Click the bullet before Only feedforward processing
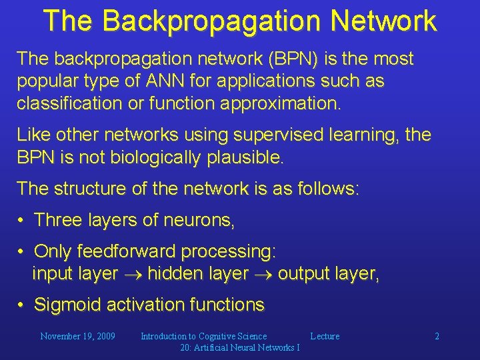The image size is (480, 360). pos(22,251)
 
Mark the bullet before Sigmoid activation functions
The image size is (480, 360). pos(22,305)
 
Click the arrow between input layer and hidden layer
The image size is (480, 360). pos(133,274)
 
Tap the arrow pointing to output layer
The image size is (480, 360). pos(263,274)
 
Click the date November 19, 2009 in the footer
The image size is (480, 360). pos(77,336)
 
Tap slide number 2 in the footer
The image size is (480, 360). pos(437,336)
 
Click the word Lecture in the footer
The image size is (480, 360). pos(325,336)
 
